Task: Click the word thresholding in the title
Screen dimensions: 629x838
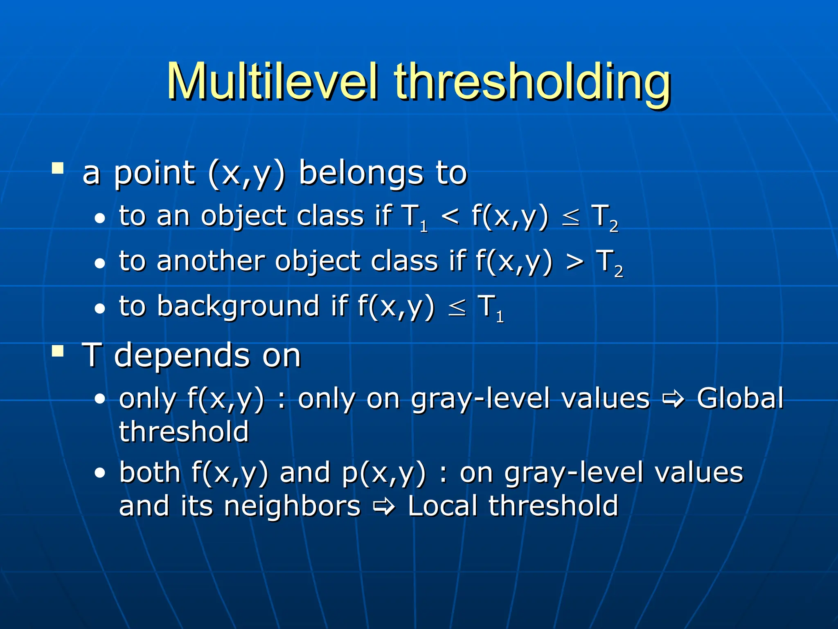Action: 532,82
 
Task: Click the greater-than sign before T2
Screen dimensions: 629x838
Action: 574,261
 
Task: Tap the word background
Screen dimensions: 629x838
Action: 238,306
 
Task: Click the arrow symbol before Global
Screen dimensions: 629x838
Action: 674,398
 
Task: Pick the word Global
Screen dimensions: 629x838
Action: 740,398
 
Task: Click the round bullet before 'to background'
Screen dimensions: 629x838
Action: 99,309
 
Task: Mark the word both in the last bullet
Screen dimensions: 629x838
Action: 150,472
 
